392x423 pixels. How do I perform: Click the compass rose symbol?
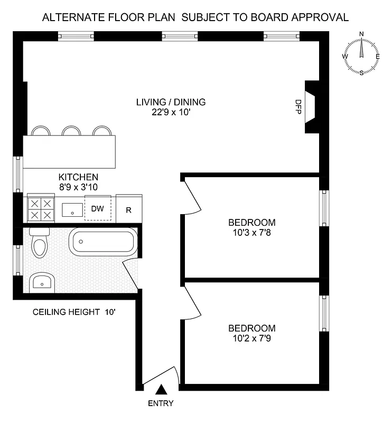pyautogui.click(x=362, y=54)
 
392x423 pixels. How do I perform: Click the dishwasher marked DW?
pyautogui.click(x=98, y=209)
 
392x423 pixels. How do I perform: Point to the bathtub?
pyautogui.click(x=102, y=242)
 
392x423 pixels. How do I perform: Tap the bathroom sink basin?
pyautogui.click(x=40, y=282)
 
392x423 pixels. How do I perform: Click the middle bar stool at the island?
pyautogui.click(x=71, y=131)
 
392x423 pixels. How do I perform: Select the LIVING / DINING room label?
pyautogui.click(x=171, y=102)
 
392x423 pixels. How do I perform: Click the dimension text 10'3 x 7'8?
pyautogui.click(x=251, y=233)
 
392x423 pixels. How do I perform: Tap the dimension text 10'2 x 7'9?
pyautogui.click(x=251, y=338)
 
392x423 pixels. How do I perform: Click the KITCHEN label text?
pyautogui.click(x=78, y=177)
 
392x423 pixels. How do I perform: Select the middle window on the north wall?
pyautogui.click(x=180, y=36)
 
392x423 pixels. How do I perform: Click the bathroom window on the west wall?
pyautogui.click(x=17, y=261)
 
